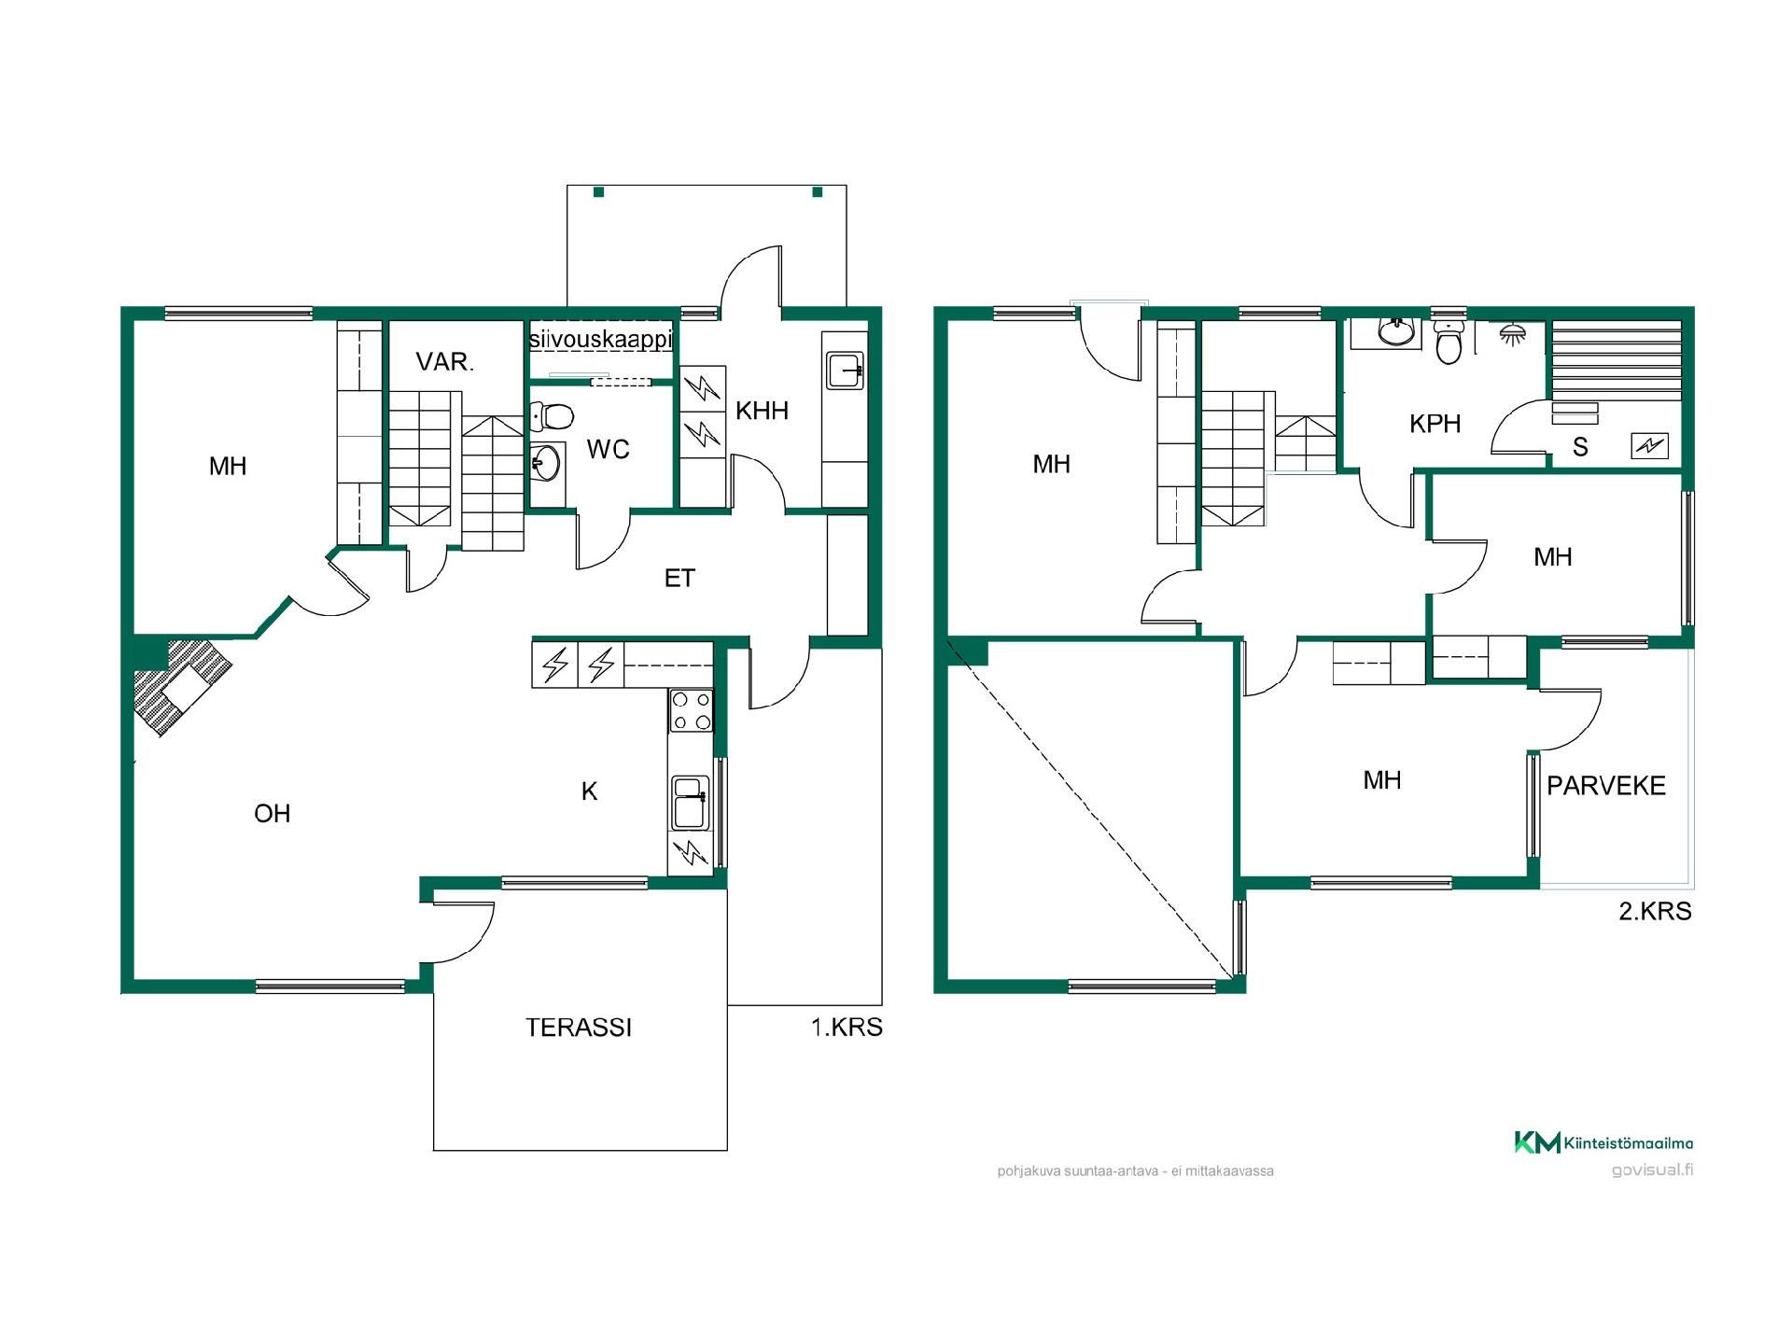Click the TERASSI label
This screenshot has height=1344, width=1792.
click(579, 1028)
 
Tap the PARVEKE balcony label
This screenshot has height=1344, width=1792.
click(1606, 786)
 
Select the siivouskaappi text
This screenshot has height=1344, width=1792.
click(600, 338)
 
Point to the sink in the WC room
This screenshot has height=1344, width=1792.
click(547, 462)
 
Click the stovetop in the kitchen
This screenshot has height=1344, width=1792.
click(691, 710)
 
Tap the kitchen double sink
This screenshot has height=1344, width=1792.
click(690, 803)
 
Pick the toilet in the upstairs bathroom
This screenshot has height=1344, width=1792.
click(1449, 343)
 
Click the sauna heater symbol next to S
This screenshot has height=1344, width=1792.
click(1649, 446)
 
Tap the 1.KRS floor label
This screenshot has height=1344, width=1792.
click(847, 1028)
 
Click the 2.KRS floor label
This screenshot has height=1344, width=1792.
click(1655, 911)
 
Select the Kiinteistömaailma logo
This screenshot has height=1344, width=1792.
click(1603, 1142)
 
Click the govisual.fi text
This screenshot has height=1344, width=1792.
click(1652, 1170)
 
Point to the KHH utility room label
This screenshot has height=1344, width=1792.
click(762, 411)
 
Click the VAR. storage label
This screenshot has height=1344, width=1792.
click(445, 362)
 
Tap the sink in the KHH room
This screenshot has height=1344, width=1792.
click(846, 371)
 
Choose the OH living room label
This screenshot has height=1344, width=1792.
click(273, 814)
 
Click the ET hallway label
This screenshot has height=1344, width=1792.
click(679, 579)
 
